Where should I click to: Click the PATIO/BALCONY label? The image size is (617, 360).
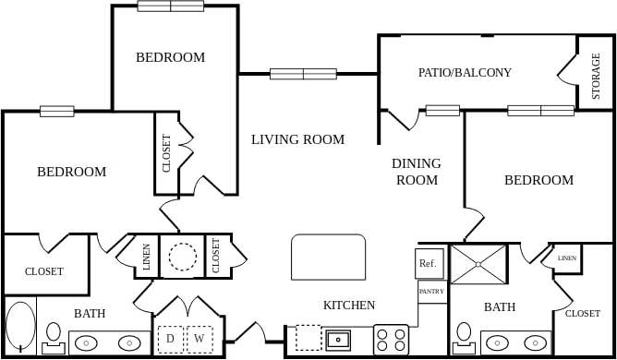click(465, 72)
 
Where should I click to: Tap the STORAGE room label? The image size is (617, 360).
click(596, 78)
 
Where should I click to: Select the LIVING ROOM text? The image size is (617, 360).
click(297, 139)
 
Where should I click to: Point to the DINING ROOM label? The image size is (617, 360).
click(417, 172)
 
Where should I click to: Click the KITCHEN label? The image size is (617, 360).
click(348, 306)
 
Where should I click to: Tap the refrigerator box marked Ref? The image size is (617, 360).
click(429, 264)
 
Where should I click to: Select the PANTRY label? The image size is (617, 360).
click(431, 292)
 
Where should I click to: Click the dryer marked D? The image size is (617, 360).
click(170, 339)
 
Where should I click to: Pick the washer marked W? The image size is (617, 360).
click(200, 339)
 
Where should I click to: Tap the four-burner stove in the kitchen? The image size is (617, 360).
click(391, 339)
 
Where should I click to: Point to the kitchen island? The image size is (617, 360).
click(328, 258)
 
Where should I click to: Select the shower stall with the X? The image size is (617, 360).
click(478, 264)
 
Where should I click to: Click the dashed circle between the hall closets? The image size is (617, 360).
click(182, 256)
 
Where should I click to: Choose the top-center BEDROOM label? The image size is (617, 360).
click(170, 57)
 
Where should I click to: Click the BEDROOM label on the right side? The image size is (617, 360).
click(538, 180)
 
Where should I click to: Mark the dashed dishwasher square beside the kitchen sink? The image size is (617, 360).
click(308, 338)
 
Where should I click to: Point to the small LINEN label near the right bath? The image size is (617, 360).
click(567, 258)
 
